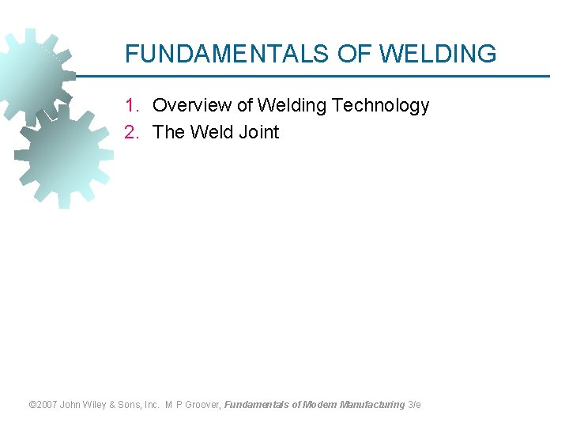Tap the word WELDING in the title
[438, 54]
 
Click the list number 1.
[131, 106]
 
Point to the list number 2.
[131, 133]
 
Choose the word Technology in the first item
[381, 106]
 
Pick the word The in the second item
[167, 133]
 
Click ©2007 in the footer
[43, 405]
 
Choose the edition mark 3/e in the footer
[414, 405]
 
